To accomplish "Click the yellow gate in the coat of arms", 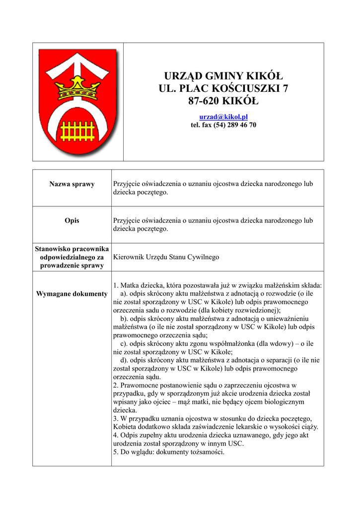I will (x=77, y=130).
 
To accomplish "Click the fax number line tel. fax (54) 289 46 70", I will (x=223, y=125).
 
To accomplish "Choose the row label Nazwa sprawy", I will (x=72, y=184).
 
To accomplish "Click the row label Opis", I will (x=72, y=221).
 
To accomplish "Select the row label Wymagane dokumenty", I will (x=72, y=294).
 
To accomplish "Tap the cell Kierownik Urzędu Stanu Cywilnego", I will (x=166, y=257).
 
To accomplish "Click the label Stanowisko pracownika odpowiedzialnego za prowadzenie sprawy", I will (x=72, y=257).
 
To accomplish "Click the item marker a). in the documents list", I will (x=124, y=294).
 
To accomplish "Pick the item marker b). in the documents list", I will (x=124, y=318).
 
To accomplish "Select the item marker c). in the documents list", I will (x=124, y=343).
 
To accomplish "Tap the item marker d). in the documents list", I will (x=124, y=360).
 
